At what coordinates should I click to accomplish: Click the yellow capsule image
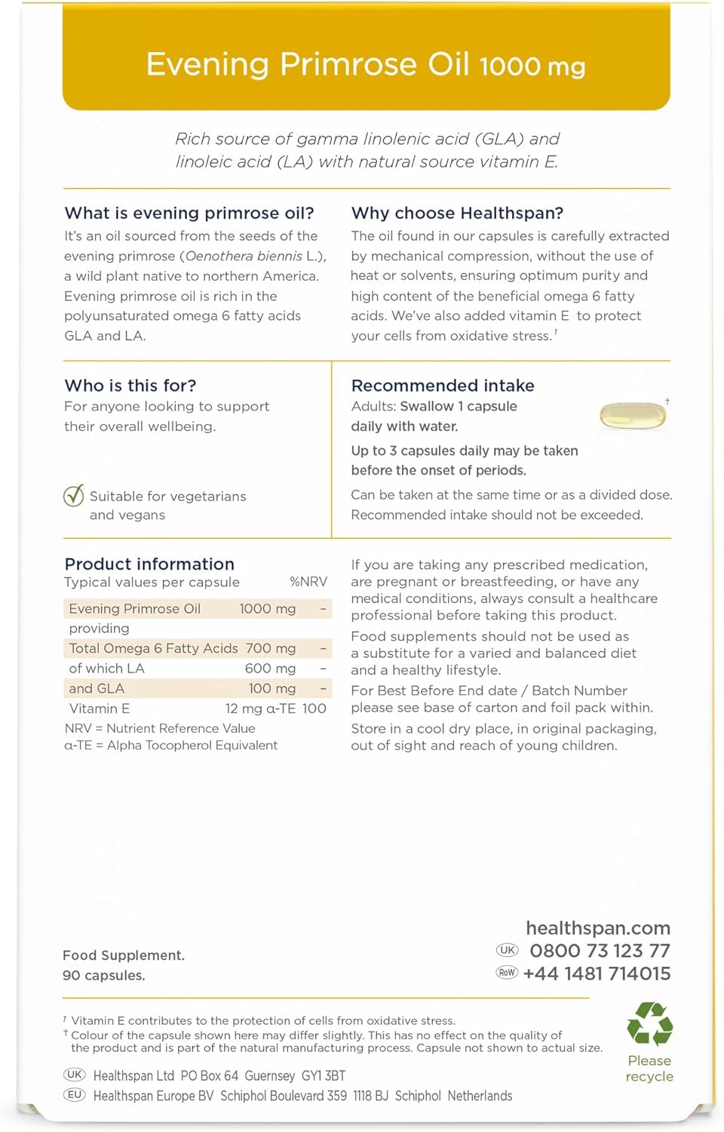[633, 416]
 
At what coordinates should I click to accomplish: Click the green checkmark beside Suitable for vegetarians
[74, 496]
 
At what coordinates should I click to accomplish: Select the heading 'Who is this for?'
[130, 386]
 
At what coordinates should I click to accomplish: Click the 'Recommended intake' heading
[443, 386]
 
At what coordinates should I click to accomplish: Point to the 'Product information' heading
[149, 564]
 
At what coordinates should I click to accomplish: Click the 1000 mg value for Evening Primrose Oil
[267, 609]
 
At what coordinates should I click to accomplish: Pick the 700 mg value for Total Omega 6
[270, 648]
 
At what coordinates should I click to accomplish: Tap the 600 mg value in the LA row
[270, 669]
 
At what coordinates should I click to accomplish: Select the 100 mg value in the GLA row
[271, 688]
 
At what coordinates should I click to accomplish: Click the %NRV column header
[308, 582]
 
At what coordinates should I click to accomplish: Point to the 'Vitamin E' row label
[100, 709]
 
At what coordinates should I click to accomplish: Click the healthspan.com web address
[598, 928]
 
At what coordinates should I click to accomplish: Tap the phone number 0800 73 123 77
[600, 951]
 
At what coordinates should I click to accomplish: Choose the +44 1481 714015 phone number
[597, 974]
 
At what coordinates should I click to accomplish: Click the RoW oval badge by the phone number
[507, 973]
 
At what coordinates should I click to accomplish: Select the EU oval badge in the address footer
[75, 1095]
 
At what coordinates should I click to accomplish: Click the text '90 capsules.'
[104, 975]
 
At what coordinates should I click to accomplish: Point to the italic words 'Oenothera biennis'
[244, 256]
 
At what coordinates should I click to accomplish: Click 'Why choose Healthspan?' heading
[457, 213]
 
